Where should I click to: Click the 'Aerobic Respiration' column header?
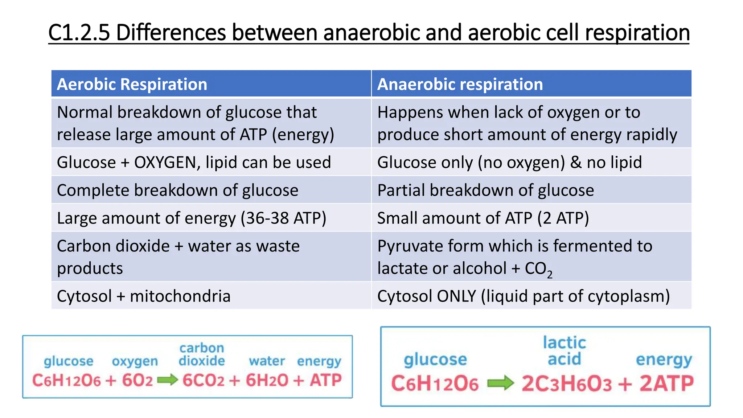click(132, 84)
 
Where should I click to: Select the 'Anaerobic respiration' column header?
click(460, 84)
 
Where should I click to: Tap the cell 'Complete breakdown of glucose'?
click(177, 190)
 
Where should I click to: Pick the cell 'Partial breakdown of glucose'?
click(485, 190)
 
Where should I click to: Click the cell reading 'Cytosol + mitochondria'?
click(144, 296)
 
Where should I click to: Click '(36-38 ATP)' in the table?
click(283, 218)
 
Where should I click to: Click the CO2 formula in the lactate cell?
click(538, 269)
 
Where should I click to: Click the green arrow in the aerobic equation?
click(167, 380)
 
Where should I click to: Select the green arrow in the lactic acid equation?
click(500, 383)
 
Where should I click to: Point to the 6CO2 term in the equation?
click(204, 380)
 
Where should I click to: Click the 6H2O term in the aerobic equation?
click(267, 380)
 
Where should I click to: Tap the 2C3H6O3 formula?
click(567, 384)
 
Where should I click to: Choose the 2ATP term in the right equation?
click(666, 384)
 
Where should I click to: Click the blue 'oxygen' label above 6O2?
click(135, 361)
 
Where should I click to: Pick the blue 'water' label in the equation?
click(267, 361)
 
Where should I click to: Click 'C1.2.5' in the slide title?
click(79, 32)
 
